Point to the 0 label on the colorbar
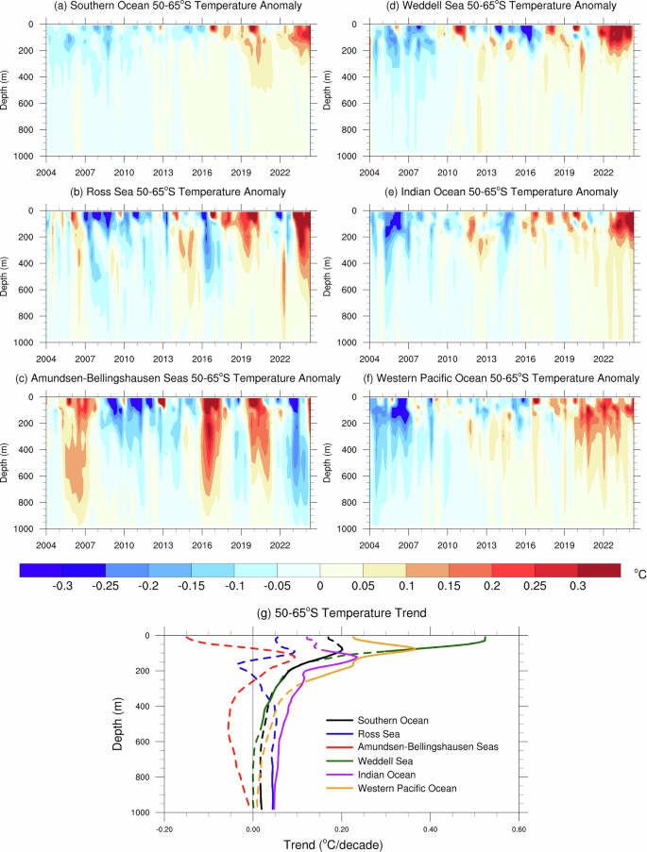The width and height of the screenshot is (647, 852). pos(321,586)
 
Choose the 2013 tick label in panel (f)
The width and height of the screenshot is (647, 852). pos(486,543)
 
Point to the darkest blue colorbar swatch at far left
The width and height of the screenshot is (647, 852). pos(41,570)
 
